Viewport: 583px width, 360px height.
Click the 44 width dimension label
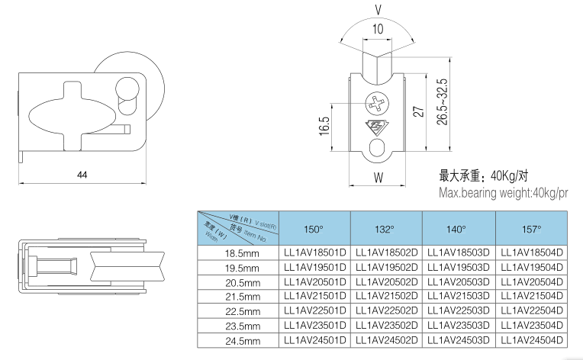tap(82, 175)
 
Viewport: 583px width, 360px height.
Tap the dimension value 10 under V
tap(378, 29)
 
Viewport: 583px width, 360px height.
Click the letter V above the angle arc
tap(378, 11)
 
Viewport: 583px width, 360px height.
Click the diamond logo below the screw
tap(378, 127)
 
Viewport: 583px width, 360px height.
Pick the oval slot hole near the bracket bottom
tap(378, 148)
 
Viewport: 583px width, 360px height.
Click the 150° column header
tap(314, 229)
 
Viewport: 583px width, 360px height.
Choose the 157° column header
tap(531, 229)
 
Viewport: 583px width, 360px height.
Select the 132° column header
tap(385, 229)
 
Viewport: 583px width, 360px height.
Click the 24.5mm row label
tap(242, 341)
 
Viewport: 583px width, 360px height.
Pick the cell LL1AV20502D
tap(386, 282)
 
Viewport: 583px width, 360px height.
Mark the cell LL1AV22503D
tap(458, 311)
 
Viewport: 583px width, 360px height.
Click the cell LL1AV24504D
tap(531, 340)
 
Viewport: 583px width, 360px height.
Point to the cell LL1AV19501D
tap(314, 268)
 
